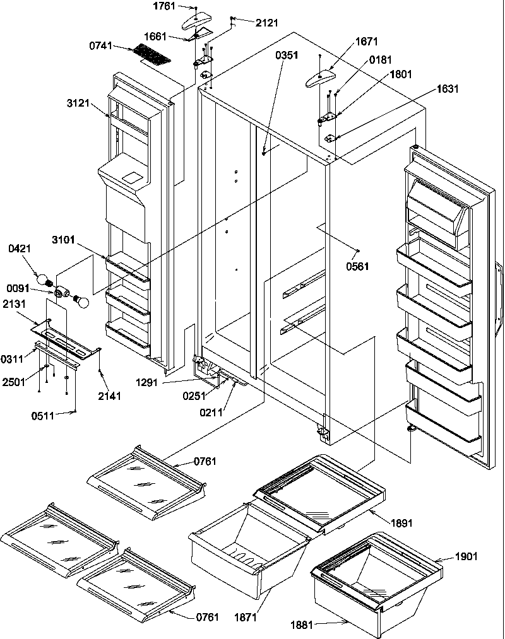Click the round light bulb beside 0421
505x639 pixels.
click(x=42, y=278)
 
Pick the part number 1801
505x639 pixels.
click(x=400, y=74)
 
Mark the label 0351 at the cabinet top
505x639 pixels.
click(x=285, y=55)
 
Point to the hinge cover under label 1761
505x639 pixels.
click(x=199, y=23)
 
